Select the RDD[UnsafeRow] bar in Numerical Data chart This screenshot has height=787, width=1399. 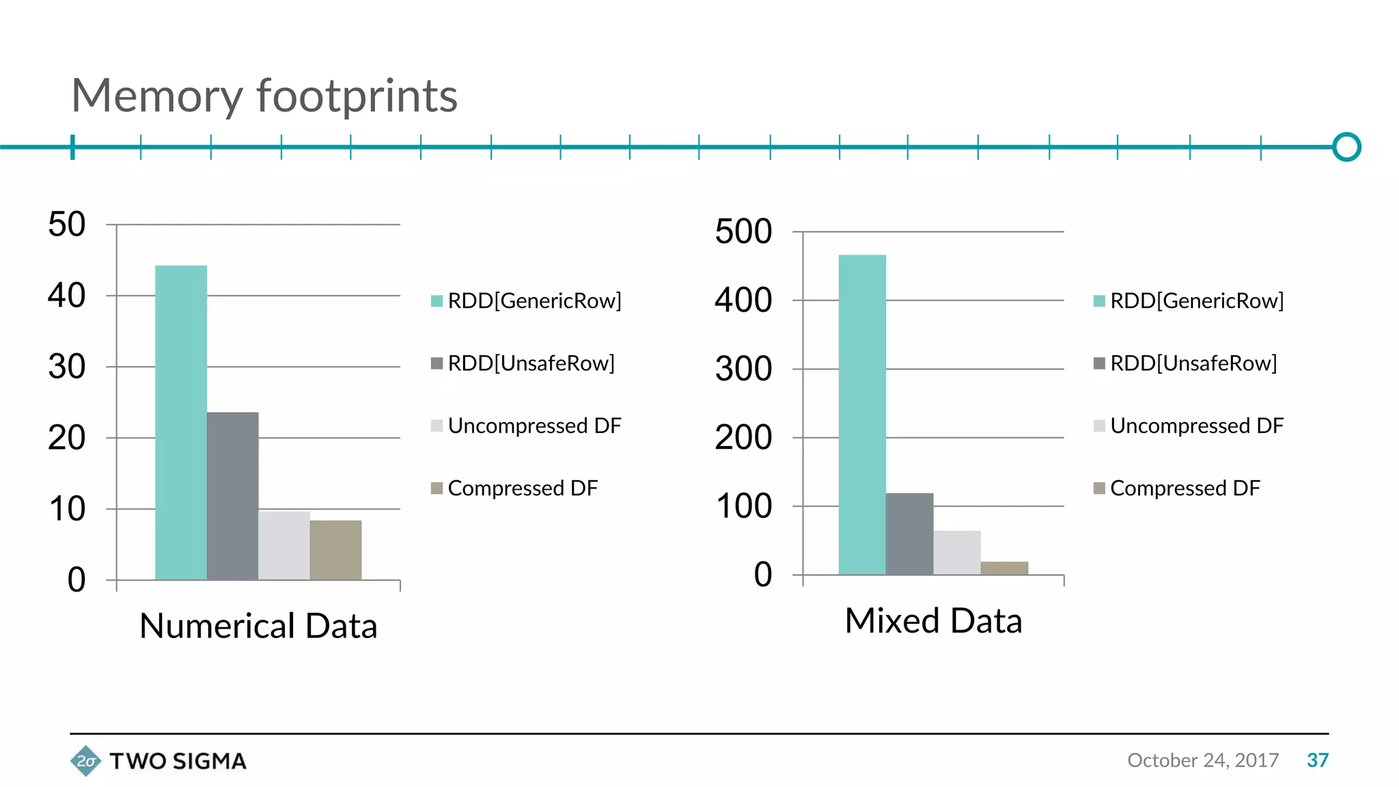(232, 496)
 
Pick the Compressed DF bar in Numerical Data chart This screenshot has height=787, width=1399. (335, 550)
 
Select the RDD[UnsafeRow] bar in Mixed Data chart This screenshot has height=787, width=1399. (909, 534)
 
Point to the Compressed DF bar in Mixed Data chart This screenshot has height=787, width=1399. (1004, 568)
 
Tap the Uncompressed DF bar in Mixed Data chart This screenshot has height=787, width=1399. (957, 553)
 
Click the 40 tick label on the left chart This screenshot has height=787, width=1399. (67, 296)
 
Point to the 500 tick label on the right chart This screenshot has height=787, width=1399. (743, 231)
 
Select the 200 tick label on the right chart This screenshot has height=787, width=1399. (743, 437)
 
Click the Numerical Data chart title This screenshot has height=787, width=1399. (258, 626)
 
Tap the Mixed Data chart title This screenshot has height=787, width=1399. (933, 621)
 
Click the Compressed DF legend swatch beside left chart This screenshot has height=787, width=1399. (437, 488)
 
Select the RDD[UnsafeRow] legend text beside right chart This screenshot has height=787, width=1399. (1193, 363)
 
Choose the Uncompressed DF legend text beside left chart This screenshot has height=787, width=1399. (534, 426)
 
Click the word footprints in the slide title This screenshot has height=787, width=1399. (357, 96)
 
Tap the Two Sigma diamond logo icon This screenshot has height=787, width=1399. (85, 760)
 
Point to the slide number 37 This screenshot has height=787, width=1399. (1317, 760)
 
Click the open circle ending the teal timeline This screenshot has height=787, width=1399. (1346, 147)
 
